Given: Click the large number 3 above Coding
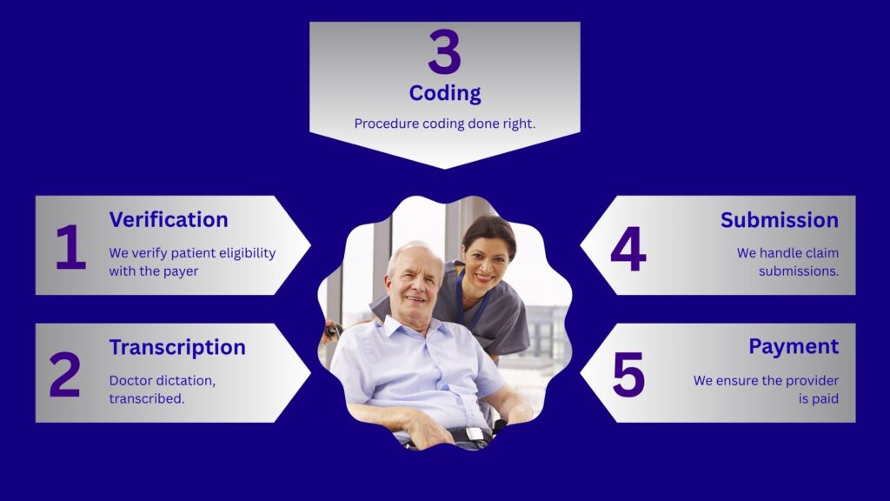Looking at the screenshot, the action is tap(444, 52).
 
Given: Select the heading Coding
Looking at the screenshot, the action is tap(445, 93).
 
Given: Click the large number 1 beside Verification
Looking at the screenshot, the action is tap(70, 246).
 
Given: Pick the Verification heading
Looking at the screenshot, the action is tap(169, 219).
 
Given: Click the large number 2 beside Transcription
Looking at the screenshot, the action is tap(64, 374).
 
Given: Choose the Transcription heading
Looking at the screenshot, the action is tap(177, 347).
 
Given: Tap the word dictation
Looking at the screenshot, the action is tap(185, 381).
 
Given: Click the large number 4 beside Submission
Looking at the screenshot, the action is tap(628, 249).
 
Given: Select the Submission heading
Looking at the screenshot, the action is tap(780, 220).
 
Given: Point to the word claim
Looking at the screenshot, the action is tap(822, 253).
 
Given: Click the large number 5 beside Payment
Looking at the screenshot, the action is tap(629, 374).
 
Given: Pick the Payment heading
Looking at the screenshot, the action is tap(794, 346).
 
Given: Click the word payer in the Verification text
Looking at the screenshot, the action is tap(181, 271).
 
